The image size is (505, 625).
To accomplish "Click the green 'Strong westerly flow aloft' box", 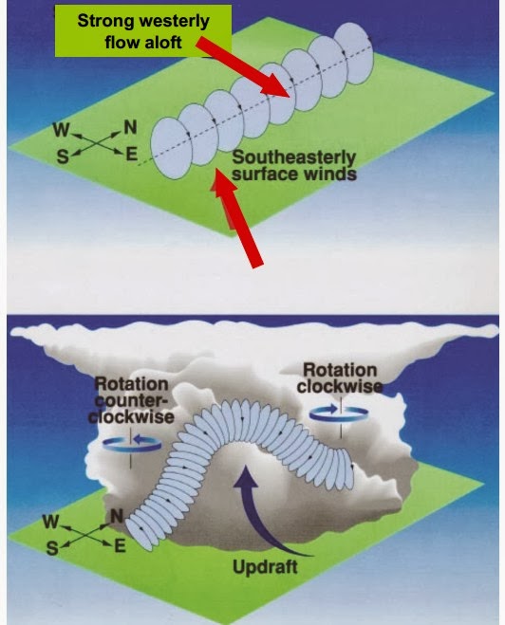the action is (142, 30).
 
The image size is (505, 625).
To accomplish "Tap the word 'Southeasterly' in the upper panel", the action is (293, 157).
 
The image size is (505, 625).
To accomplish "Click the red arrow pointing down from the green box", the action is (242, 66).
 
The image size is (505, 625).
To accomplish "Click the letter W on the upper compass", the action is (61, 130).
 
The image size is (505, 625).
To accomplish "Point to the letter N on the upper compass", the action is (131, 127).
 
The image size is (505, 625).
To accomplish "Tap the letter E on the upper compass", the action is (132, 154).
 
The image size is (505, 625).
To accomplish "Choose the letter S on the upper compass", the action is (63, 157).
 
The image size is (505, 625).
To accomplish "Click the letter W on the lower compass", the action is (50, 522).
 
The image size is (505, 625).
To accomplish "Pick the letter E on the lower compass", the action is (120, 545).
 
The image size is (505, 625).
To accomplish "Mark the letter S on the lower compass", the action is (51, 548).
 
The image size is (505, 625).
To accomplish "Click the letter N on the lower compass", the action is (117, 517).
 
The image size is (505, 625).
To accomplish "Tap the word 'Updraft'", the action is (265, 567).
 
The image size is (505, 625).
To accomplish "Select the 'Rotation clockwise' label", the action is (340, 378).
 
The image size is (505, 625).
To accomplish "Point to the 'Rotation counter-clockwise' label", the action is (131, 400).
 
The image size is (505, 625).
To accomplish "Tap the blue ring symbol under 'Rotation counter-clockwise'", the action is (132, 444).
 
